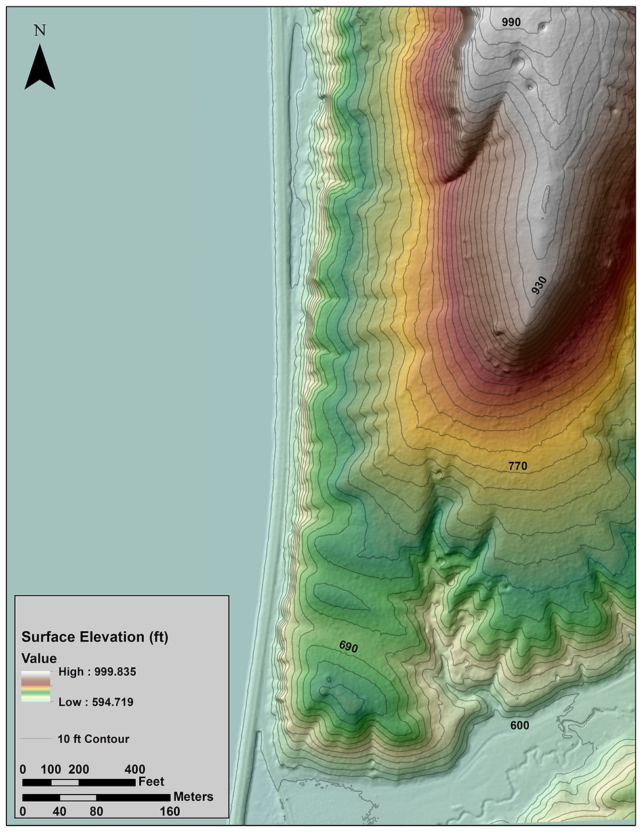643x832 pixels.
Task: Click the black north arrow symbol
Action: [40, 69]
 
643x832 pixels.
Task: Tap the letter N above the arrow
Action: [40, 30]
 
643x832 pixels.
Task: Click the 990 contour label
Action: [511, 22]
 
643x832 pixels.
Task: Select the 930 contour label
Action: [539, 285]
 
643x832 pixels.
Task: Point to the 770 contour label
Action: [518, 467]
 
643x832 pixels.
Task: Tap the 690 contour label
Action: [348, 646]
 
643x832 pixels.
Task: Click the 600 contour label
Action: [519, 725]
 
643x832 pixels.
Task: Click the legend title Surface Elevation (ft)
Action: [95, 637]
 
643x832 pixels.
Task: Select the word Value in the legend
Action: [39, 658]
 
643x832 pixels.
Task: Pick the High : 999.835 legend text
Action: [97, 672]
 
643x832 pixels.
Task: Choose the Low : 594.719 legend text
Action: [96, 702]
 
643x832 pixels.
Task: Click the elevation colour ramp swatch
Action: [36, 687]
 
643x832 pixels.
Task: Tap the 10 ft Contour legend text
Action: [93, 739]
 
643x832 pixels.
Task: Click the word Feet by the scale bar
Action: [152, 781]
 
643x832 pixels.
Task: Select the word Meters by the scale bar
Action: [194, 797]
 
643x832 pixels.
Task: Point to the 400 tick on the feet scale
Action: [135, 770]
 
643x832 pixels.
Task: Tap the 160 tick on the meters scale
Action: [170, 811]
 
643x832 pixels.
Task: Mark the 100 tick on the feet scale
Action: [51, 770]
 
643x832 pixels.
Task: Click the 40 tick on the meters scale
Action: [60, 811]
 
